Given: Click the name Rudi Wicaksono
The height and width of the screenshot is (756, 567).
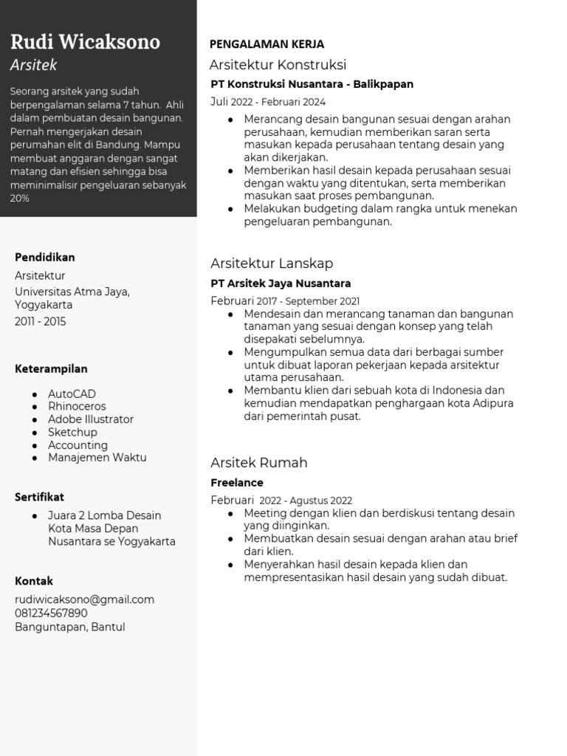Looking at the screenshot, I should click(x=85, y=41).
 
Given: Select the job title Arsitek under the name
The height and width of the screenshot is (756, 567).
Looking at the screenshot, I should click(x=33, y=65).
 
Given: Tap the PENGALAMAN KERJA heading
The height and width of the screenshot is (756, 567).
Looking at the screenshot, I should click(x=267, y=44).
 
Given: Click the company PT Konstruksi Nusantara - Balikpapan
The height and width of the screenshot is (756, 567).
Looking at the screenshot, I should click(x=312, y=84).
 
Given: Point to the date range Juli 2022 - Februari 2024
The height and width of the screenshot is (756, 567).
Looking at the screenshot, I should click(x=268, y=102).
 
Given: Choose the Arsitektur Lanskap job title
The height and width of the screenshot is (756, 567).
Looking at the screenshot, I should click(x=272, y=264).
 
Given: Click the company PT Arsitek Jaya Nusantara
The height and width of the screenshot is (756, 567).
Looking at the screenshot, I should click(x=281, y=283).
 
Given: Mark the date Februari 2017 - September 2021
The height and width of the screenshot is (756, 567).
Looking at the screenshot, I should click(x=285, y=301).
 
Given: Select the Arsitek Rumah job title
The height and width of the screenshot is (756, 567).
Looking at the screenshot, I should click(x=258, y=463).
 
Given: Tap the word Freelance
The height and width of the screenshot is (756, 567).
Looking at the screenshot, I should click(x=237, y=483).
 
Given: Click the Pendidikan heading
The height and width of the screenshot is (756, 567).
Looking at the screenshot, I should click(x=45, y=258).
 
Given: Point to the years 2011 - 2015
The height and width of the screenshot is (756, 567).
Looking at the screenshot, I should click(x=41, y=322).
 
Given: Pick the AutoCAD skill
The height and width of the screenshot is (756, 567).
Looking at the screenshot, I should click(x=72, y=394).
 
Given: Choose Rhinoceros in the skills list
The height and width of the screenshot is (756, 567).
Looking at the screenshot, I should click(x=77, y=407).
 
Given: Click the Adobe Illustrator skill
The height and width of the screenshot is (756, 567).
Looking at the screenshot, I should click(x=91, y=419).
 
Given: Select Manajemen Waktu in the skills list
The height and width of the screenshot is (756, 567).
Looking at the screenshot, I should click(x=97, y=458).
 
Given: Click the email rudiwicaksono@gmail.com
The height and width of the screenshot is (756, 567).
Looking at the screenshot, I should click(x=85, y=599).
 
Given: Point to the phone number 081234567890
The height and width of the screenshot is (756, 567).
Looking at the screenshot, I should click(x=51, y=614).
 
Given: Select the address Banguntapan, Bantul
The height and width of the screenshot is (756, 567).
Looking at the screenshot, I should click(x=70, y=628).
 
